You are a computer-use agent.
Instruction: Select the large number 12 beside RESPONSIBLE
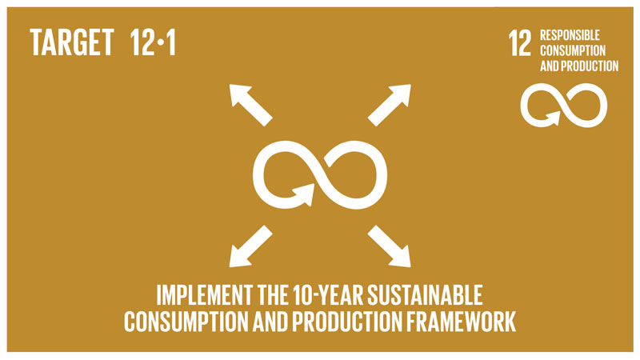[x=520, y=43]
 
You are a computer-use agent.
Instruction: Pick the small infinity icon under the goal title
[x=560, y=103]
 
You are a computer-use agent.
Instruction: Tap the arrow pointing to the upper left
[x=250, y=103]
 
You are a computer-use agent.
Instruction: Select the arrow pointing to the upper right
[x=390, y=103]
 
